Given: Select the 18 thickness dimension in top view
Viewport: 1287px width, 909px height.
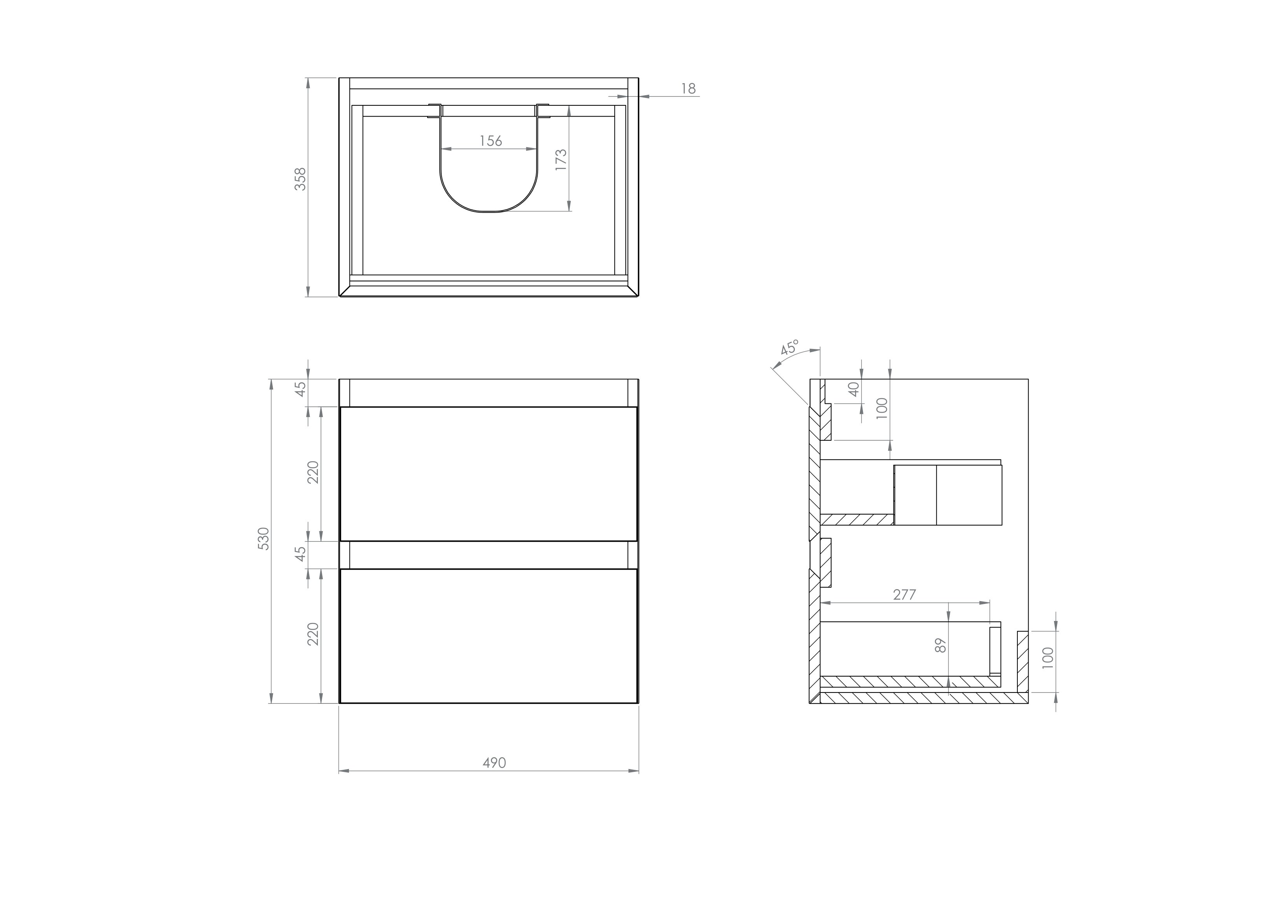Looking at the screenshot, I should [688, 89].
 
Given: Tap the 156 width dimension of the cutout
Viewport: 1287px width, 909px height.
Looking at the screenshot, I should [491, 141].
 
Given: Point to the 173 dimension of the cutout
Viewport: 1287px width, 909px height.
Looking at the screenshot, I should [561, 160].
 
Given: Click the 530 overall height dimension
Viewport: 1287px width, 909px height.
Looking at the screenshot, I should [263, 538].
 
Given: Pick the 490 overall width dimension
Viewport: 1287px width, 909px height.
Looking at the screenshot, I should [494, 763].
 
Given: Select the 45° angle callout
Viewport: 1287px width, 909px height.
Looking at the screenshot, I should [789, 348].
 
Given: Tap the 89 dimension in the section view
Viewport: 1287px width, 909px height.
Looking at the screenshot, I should [941, 646].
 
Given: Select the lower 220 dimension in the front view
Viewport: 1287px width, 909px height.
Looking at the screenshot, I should [313, 633].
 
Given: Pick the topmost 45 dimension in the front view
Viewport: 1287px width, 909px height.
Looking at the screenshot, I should [301, 388].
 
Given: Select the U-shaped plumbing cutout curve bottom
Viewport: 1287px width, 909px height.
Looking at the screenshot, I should [487, 212].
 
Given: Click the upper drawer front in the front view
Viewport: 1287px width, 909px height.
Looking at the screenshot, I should [488, 474].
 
